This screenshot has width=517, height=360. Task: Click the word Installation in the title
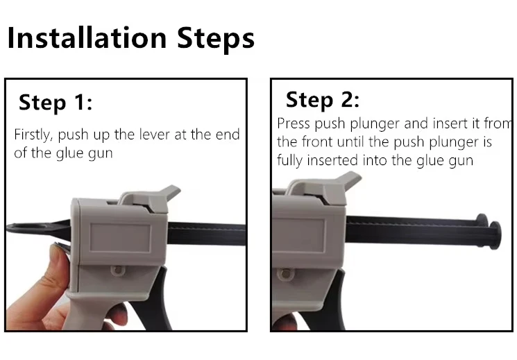(x=87, y=37)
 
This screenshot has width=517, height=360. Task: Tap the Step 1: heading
(x=56, y=103)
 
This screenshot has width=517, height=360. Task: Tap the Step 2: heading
(x=322, y=100)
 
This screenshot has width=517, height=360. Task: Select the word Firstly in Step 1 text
(x=33, y=135)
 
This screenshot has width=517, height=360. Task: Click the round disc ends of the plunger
(x=490, y=231)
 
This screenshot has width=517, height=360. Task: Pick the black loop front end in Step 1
(x=36, y=228)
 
